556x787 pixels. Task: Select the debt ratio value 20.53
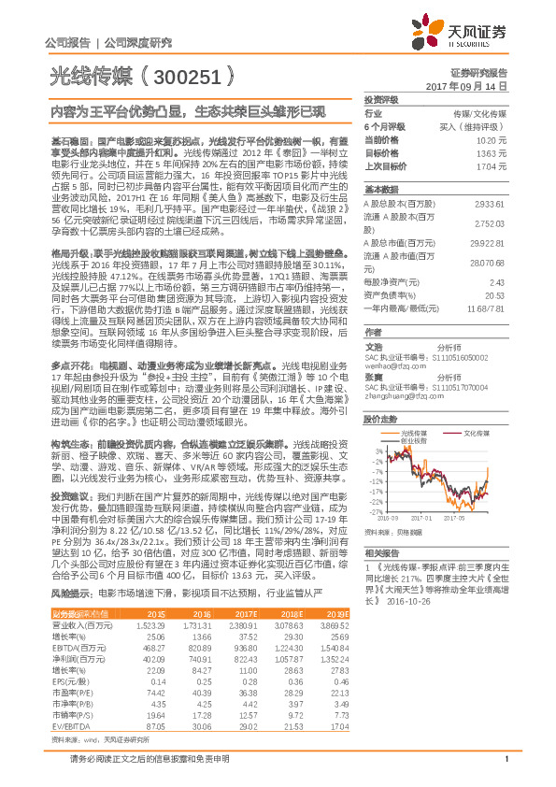pyautogui.click(x=496, y=294)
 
